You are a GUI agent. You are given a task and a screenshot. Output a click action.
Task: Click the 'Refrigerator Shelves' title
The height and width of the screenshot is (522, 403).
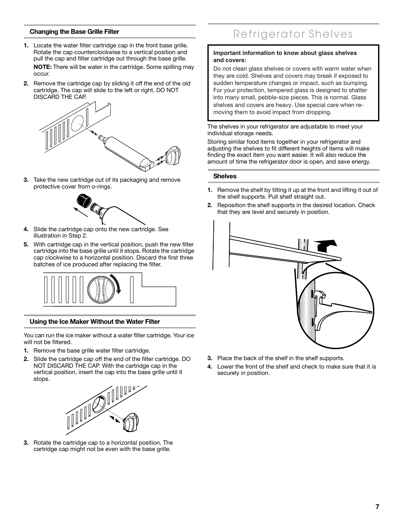click(293, 34)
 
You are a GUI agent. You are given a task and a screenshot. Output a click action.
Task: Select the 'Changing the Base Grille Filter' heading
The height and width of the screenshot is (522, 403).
click(74, 32)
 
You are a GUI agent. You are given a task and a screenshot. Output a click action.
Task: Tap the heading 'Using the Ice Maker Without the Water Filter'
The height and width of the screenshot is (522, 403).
click(95, 322)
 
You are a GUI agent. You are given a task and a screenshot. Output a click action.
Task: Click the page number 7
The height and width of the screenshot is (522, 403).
click(377, 507)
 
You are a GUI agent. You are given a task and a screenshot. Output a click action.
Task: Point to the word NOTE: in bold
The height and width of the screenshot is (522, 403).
click(43, 67)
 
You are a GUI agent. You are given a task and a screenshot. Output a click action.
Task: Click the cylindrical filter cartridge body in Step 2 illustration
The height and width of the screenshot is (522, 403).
click(126, 150)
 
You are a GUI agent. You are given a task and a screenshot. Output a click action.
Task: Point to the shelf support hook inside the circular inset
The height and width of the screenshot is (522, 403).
click(320, 295)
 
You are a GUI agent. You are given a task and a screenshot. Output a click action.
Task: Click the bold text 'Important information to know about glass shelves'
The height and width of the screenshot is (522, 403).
click(285, 53)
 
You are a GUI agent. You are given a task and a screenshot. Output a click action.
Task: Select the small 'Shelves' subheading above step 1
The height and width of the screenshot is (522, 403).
click(225, 176)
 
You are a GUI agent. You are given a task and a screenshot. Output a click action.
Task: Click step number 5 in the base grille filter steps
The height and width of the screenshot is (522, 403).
click(26, 244)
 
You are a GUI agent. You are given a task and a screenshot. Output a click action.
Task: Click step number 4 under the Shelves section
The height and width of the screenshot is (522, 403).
click(210, 366)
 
